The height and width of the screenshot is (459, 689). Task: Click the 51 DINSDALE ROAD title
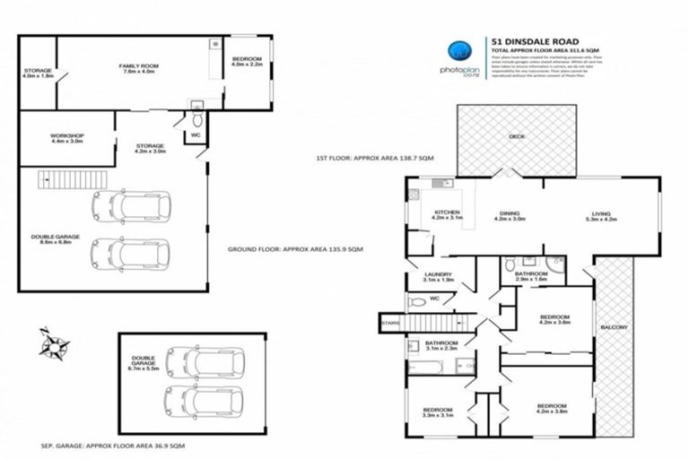534,40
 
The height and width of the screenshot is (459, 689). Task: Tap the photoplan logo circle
459,49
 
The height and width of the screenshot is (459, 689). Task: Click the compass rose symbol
56,343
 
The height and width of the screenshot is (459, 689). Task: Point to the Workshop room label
67,139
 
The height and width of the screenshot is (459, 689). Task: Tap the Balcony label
615,327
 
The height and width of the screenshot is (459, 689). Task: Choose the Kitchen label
446,215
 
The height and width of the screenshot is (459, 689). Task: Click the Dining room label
511,215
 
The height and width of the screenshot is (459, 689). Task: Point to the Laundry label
440,277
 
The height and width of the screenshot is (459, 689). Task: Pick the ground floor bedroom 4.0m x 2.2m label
246,62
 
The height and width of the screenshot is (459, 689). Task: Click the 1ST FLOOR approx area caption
375,158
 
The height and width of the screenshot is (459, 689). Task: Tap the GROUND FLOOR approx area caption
294,248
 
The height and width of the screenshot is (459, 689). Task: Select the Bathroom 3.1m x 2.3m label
441,346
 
